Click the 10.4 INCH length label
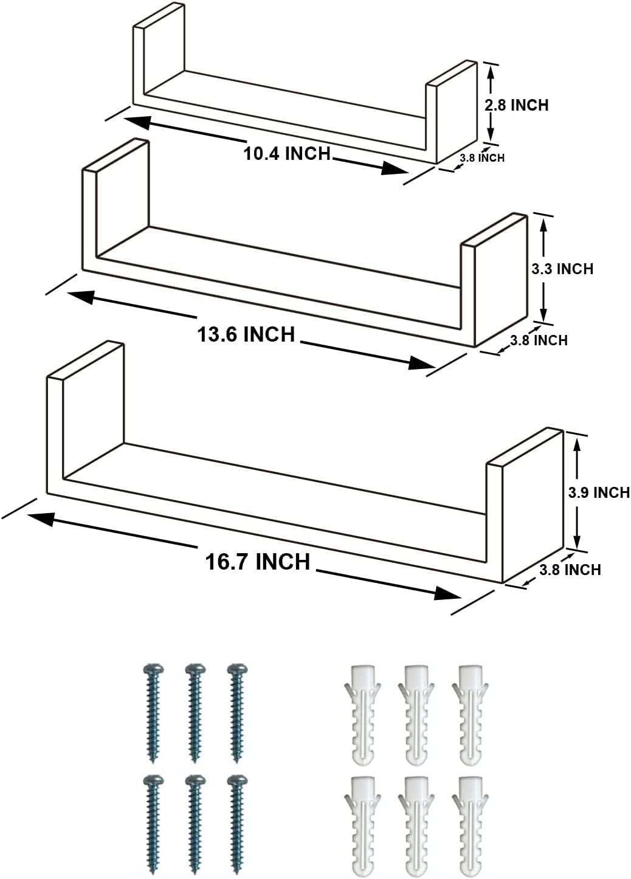click(x=286, y=153)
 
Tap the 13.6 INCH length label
click(x=246, y=334)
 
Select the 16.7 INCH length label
click(x=258, y=562)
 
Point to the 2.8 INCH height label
click(x=516, y=105)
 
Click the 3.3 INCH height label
click(x=562, y=269)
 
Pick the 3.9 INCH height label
click(x=599, y=492)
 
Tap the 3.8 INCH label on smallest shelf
click(x=482, y=158)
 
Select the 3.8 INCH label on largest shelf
click(x=570, y=570)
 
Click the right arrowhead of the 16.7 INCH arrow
click(x=447, y=594)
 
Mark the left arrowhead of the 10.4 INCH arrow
click(x=139, y=122)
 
